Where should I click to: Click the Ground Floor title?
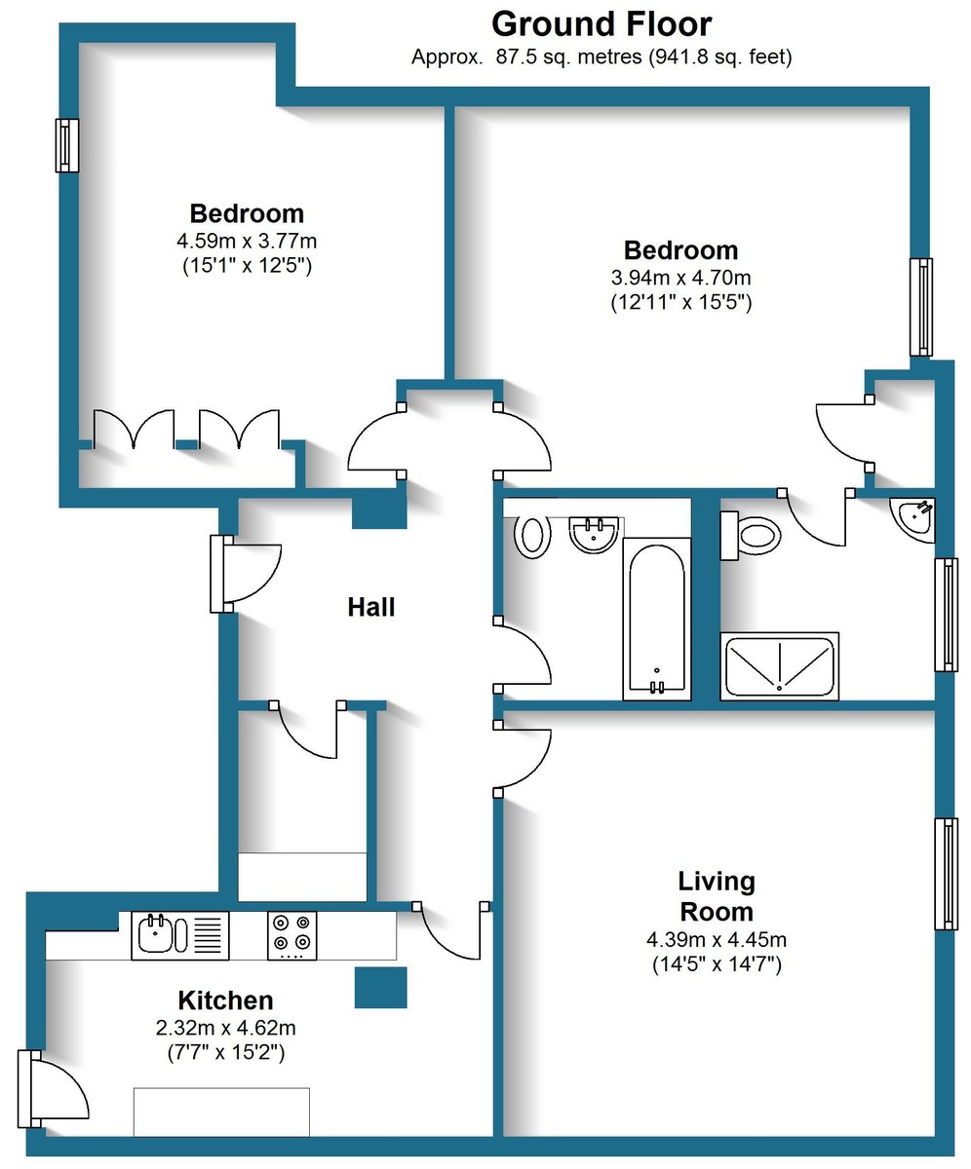(x=601, y=23)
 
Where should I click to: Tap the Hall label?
(x=371, y=608)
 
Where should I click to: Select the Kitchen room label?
(x=225, y=1000)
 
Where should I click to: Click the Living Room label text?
(x=717, y=896)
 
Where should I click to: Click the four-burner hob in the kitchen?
(x=292, y=933)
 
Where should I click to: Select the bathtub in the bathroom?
(x=656, y=619)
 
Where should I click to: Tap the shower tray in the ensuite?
(x=779, y=666)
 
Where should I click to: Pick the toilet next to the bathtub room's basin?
(x=532, y=536)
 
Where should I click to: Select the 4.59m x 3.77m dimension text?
(x=247, y=240)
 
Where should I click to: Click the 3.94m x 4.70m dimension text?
(x=680, y=277)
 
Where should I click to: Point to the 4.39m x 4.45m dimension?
(x=717, y=940)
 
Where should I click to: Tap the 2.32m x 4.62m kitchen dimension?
(x=225, y=1028)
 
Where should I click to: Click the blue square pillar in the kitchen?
(x=380, y=988)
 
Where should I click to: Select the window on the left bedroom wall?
(x=66, y=145)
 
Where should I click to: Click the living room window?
(x=946, y=874)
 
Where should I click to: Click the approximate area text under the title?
(x=601, y=57)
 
